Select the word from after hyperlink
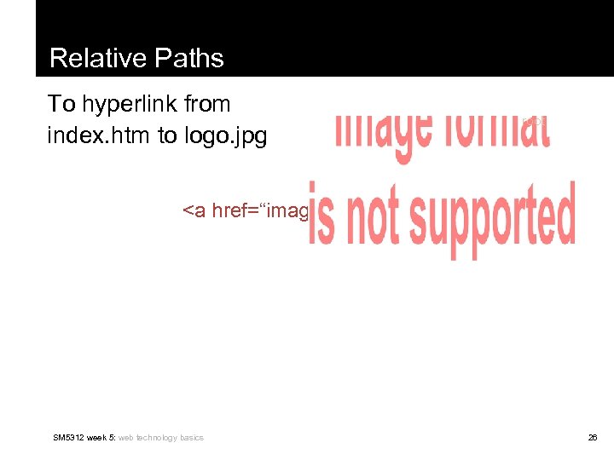click(207, 105)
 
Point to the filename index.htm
click(100, 135)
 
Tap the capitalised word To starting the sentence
click(61, 105)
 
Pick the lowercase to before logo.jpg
click(168, 135)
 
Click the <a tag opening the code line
click(194, 210)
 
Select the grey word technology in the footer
click(156, 438)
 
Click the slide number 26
click(592, 438)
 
